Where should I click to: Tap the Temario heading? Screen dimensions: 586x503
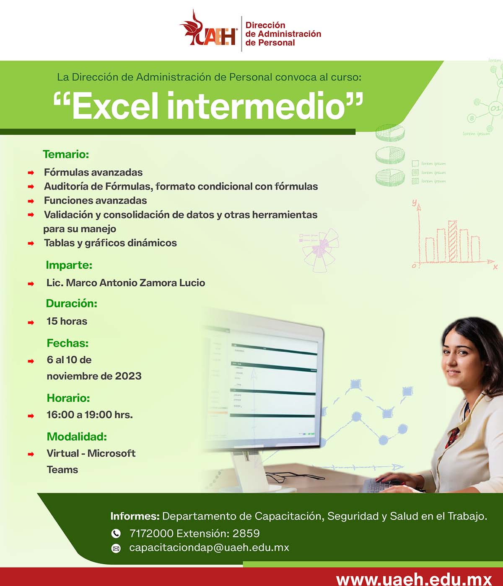point(66,154)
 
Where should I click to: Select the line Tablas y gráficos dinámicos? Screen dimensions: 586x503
point(110,243)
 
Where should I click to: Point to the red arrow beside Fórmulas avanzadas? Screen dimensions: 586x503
point(31,172)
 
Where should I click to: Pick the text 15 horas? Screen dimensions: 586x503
point(67,321)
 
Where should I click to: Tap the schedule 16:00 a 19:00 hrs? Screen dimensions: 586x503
point(89,415)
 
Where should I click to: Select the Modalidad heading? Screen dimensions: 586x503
point(77,437)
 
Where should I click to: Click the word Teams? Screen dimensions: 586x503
point(62,470)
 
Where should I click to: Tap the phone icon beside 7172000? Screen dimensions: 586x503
point(116,533)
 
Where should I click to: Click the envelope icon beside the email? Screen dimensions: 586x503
point(116,548)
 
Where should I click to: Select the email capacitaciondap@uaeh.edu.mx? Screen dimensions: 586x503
point(209,547)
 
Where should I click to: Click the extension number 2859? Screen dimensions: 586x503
point(246,533)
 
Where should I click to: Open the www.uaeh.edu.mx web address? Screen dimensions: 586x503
point(414,580)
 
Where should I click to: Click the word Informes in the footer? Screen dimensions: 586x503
point(135,516)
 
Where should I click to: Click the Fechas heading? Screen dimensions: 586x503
point(67,343)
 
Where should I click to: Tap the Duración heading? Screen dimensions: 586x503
point(71,303)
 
